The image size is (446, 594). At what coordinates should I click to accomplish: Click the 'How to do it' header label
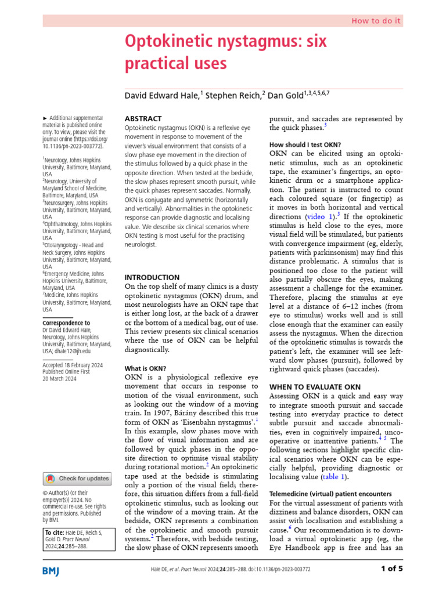pos(376,20)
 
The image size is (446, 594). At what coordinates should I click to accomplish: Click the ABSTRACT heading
pos(143,118)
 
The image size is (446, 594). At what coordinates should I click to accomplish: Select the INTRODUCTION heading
pos(153,277)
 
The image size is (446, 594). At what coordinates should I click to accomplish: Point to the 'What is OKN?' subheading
pos(146,368)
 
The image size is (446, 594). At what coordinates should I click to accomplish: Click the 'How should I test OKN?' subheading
pos(305,144)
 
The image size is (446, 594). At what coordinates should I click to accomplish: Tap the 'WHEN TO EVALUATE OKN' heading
pos(315,386)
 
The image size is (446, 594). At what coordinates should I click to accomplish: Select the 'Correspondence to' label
pos(66,323)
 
